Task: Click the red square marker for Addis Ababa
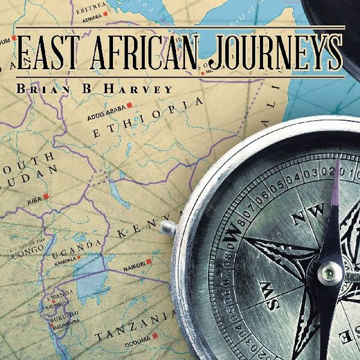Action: pyautogui.click(x=129, y=105)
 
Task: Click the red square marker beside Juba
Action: pyautogui.click(x=45, y=197)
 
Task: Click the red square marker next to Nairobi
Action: pyautogui.click(x=148, y=261)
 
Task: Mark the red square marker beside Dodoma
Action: pyautogui.click(x=155, y=336)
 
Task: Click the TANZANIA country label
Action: pyautogui.click(x=135, y=327)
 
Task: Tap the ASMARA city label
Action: pyautogui.click(x=92, y=20)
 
